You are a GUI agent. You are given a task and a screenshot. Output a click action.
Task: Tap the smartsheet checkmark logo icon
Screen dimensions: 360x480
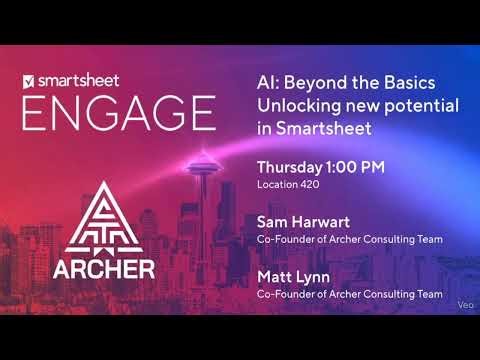pyautogui.click(x=28, y=78)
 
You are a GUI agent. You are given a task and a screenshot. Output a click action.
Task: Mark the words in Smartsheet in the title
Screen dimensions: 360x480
pyautogui.click(x=314, y=128)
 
